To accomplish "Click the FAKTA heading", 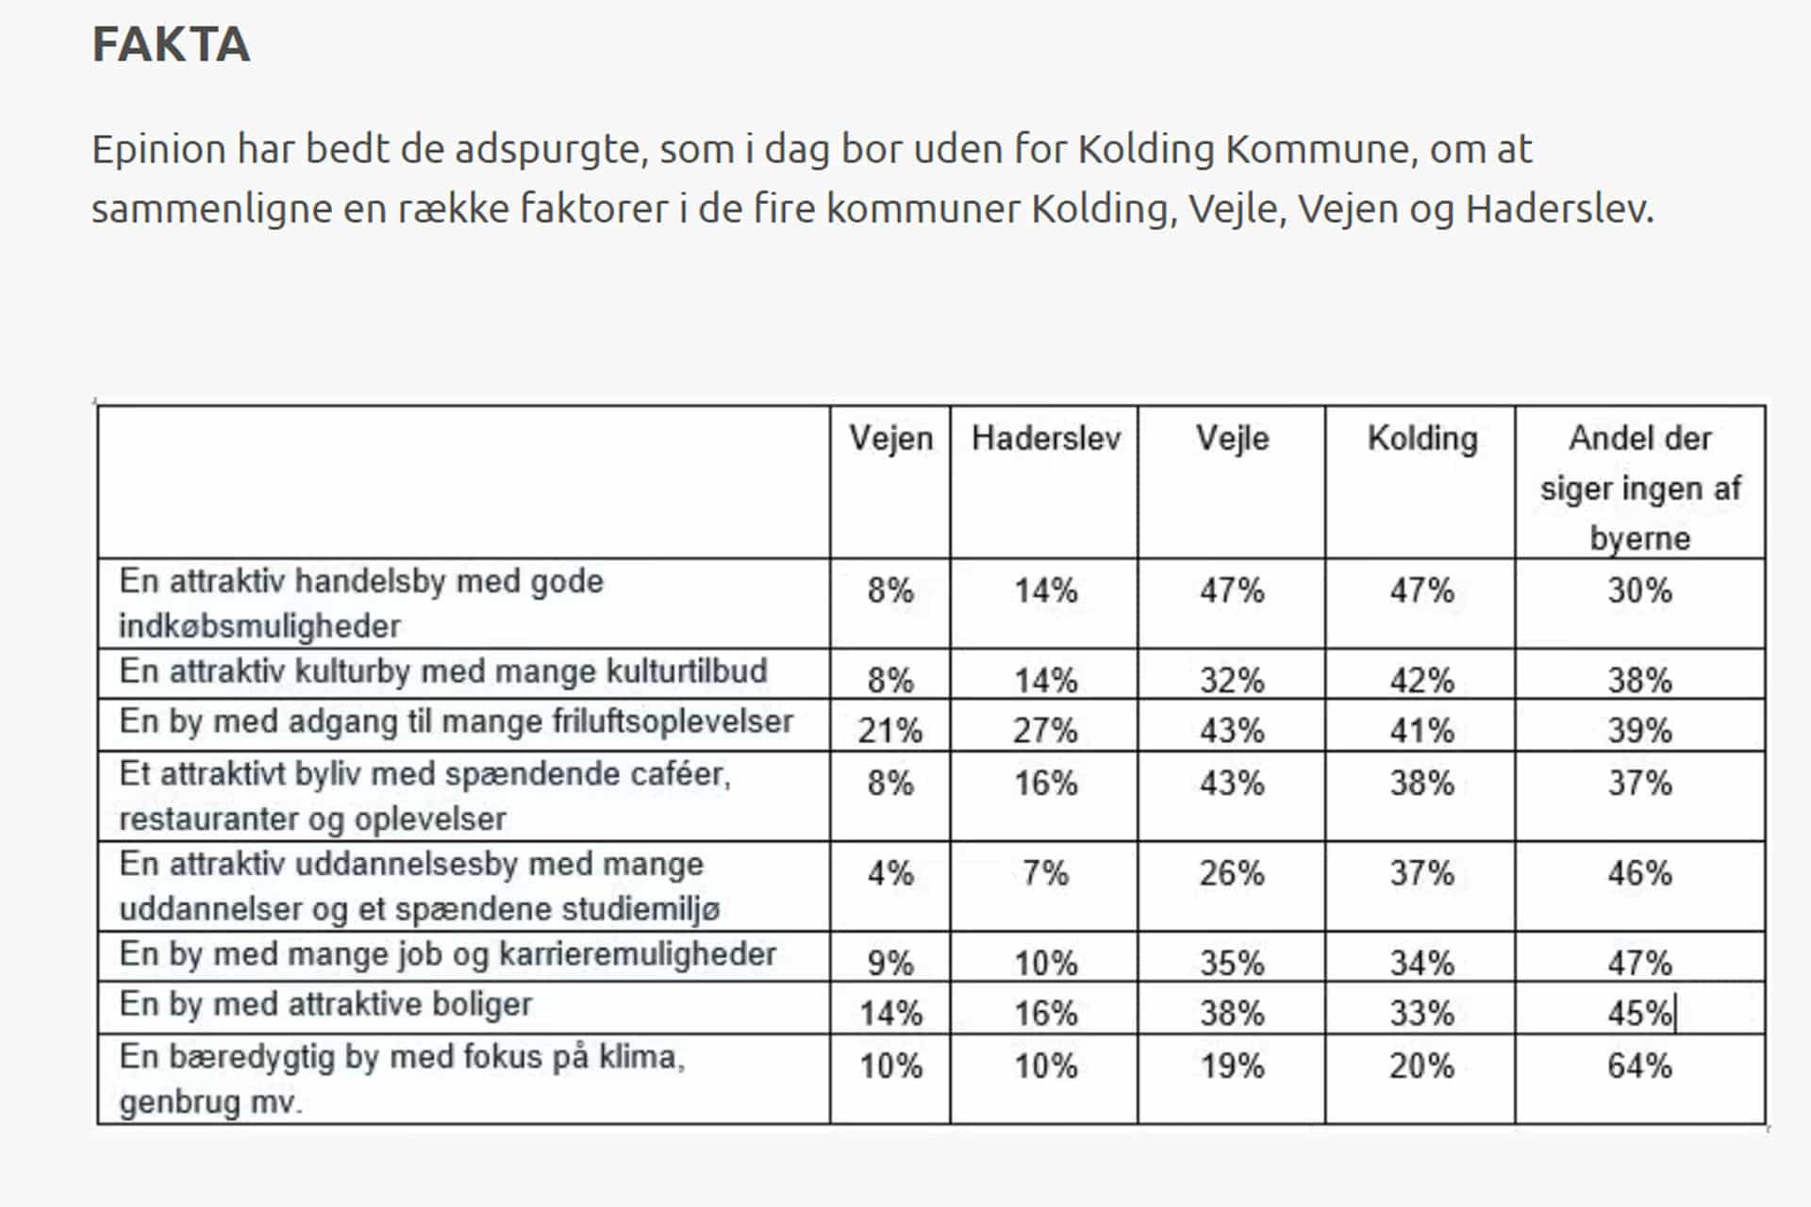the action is [x=171, y=44].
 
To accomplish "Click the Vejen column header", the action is [x=890, y=438].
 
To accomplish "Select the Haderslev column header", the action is [x=1046, y=438].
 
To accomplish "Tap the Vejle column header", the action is [x=1232, y=439].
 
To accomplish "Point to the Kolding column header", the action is [x=1422, y=439].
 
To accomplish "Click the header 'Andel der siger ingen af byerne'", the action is [x=1640, y=488].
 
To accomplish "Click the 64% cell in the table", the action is [x=1639, y=1066].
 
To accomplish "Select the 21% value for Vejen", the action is [x=890, y=731].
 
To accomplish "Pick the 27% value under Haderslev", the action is [x=1045, y=731].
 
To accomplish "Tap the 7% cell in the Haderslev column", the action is [x=1045, y=873].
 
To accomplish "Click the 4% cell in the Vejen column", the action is [x=890, y=873].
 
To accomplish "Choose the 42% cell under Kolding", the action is [x=1421, y=681].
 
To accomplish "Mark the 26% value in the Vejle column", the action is [x=1232, y=873].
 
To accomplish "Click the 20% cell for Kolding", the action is [x=1421, y=1066].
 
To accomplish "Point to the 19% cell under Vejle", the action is [x=1232, y=1066].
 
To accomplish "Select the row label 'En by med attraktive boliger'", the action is [x=325, y=1005].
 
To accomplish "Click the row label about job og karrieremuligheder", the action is [x=448, y=955].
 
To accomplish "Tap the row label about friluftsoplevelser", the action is [x=457, y=722].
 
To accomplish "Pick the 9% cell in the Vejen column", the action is [x=890, y=964].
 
